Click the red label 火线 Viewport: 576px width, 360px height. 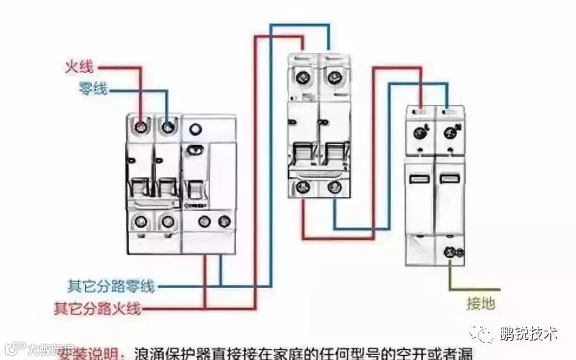79,67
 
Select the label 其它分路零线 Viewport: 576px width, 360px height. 110,286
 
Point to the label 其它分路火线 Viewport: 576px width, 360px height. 97,308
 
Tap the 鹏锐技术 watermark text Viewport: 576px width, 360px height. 529,334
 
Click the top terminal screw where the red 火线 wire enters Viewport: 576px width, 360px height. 141,127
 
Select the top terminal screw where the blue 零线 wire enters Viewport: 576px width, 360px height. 168,127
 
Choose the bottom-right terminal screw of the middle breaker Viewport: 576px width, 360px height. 334,187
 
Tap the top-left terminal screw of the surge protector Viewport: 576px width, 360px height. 420,130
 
